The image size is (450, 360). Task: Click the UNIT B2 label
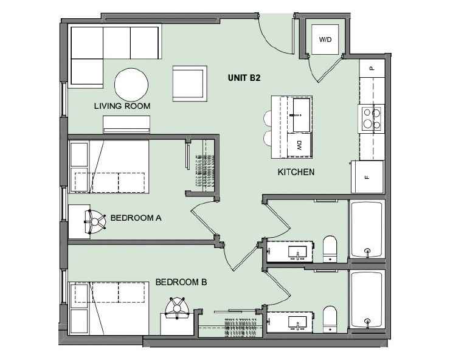coord(244,77)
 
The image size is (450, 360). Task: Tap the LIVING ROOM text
coord(122,106)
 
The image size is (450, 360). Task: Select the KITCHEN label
coord(296,172)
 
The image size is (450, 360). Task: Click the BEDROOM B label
coord(182,282)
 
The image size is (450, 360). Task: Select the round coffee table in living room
coord(131,84)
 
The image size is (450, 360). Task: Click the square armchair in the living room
coord(190,83)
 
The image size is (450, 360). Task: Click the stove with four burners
coord(372,119)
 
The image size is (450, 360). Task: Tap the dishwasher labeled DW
coord(300,145)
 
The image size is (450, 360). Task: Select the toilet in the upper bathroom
coord(330,248)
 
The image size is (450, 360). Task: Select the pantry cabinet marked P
coord(372,68)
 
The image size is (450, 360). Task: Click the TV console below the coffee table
coord(126,125)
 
